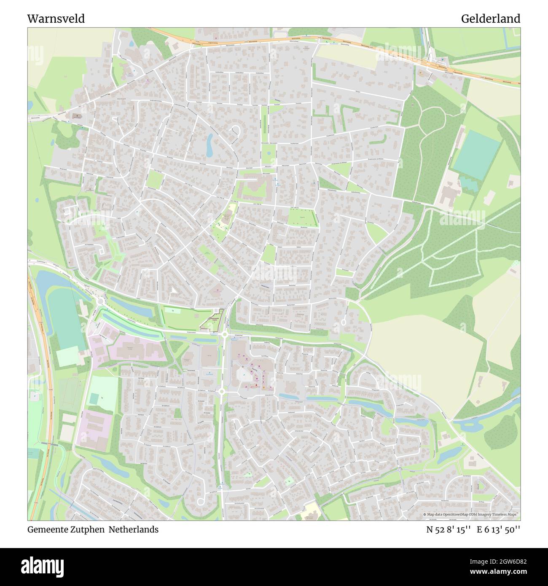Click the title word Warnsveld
(56, 19)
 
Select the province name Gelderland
(490, 19)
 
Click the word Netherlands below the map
(134, 530)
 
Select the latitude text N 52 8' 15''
(448, 530)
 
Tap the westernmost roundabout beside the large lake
(100, 301)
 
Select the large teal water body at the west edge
(63, 320)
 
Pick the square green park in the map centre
(302, 218)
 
